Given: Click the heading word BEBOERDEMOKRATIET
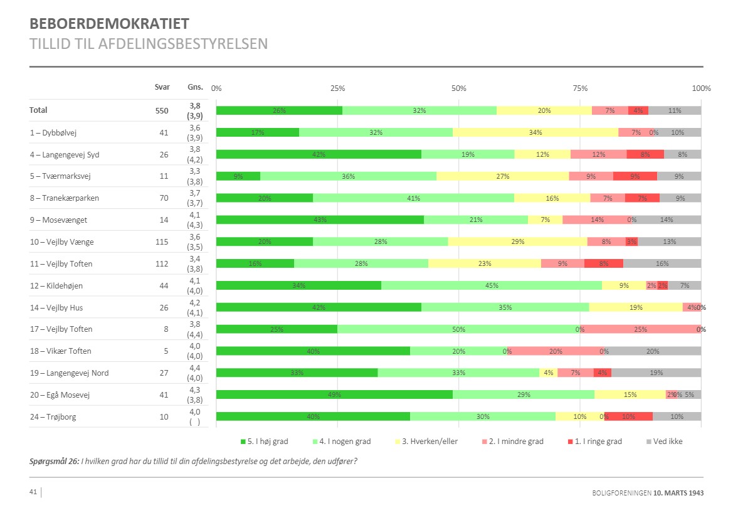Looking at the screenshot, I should click(x=110, y=24).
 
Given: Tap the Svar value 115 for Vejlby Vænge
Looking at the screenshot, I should click(x=162, y=241).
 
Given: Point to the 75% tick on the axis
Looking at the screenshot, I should click(x=580, y=88).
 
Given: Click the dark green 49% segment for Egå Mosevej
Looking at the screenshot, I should click(x=334, y=394).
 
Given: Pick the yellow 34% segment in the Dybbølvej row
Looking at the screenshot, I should click(x=535, y=132).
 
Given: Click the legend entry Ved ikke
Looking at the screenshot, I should click(x=667, y=442).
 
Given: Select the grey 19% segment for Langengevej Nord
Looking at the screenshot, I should click(x=656, y=373).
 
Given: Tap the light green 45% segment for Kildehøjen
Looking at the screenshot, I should click(x=492, y=285).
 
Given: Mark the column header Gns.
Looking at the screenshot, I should click(x=195, y=87).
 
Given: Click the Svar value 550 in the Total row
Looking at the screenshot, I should click(x=162, y=110).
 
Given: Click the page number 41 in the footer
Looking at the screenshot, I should click(x=33, y=492).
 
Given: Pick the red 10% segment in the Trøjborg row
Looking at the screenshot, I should click(x=628, y=416).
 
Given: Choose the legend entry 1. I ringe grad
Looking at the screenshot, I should click(x=598, y=442).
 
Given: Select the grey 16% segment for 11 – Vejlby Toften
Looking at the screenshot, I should click(x=662, y=263).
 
